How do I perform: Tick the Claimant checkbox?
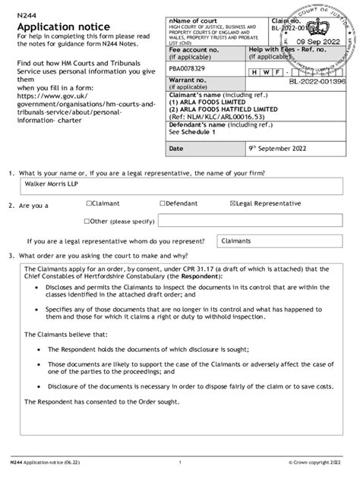click(89, 204)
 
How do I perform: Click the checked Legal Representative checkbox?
click(232, 204)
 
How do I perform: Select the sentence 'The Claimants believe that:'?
click(66, 334)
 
